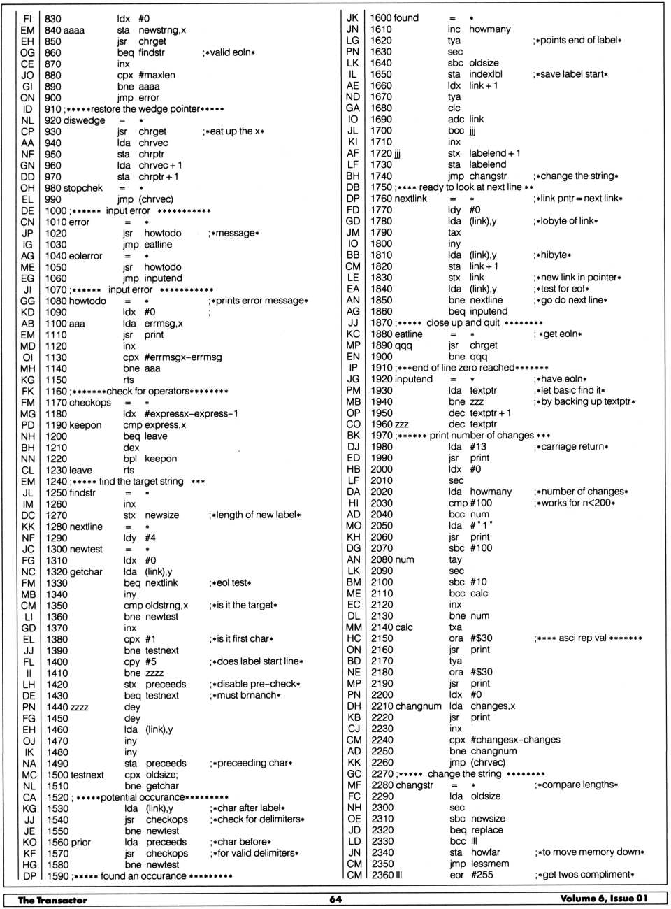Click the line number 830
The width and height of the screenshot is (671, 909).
tap(53, 19)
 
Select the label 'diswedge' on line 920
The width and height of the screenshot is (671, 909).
tap(85, 120)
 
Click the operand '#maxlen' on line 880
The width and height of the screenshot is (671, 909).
tap(157, 75)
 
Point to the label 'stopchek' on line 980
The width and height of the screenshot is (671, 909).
tap(83, 188)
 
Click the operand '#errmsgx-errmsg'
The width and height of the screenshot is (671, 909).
tap(182, 357)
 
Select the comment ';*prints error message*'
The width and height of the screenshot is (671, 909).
tap(258, 301)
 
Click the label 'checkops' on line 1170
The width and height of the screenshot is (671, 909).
tap(89, 403)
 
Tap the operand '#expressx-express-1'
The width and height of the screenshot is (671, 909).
tap(192, 414)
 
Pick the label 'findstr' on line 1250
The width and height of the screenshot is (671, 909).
tap(79, 493)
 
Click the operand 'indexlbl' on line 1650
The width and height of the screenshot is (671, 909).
tap(486, 74)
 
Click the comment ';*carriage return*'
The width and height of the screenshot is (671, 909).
tap(571, 447)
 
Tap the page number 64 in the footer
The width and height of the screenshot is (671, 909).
tap(335, 899)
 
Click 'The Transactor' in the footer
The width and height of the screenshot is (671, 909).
tap(52, 900)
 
